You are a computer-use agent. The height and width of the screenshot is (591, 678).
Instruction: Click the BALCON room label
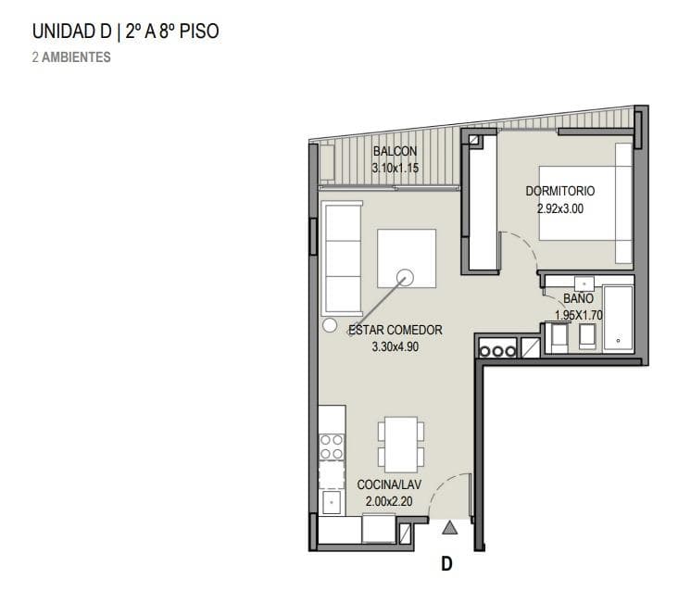point(395,151)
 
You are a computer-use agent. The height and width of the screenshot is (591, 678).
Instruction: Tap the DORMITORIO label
point(560,191)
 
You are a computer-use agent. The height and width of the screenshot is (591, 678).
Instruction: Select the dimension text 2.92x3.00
point(560,208)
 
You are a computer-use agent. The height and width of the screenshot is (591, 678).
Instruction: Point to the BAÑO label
point(578,298)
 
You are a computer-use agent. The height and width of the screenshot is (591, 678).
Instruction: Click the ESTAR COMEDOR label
point(395,330)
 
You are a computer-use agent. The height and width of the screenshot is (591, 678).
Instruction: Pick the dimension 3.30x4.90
point(395,346)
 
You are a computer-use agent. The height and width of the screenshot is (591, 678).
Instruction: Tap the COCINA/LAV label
point(389,484)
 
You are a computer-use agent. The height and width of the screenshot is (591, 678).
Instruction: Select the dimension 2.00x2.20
point(389,501)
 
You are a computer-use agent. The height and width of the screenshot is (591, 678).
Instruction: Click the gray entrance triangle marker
point(450,528)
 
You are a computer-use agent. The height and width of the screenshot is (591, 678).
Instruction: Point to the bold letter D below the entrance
point(446,564)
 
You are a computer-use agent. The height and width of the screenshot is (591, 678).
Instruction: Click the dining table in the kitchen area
point(401,445)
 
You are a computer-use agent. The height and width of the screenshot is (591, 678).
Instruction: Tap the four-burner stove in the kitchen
point(332,447)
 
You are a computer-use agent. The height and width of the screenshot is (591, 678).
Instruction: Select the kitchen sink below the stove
point(332,502)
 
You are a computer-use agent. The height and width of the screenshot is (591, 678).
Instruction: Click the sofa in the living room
point(343,258)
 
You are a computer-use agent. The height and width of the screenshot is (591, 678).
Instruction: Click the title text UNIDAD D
point(72,31)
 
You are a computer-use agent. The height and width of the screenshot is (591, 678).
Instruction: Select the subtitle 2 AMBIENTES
point(71,57)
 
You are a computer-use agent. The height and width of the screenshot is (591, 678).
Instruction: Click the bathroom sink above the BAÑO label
point(584,284)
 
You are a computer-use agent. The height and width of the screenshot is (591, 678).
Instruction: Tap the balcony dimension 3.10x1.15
point(395,168)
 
